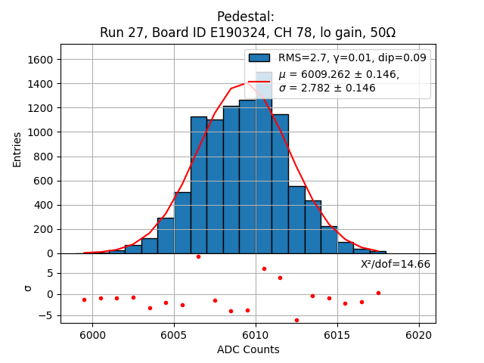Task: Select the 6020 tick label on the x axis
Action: [x=418, y=334]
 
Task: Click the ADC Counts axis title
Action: [x=248, y=349]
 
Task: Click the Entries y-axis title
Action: [x=17, y=148]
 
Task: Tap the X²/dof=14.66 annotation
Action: [x=396, y=264]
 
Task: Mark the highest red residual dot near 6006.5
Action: [x=198, y=256]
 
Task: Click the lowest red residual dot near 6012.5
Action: [x=296, y=320]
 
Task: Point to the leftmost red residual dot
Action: [x=84, y=299]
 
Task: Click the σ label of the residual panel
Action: [x=28, y=288]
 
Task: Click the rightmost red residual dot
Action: [x=378, y=293]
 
